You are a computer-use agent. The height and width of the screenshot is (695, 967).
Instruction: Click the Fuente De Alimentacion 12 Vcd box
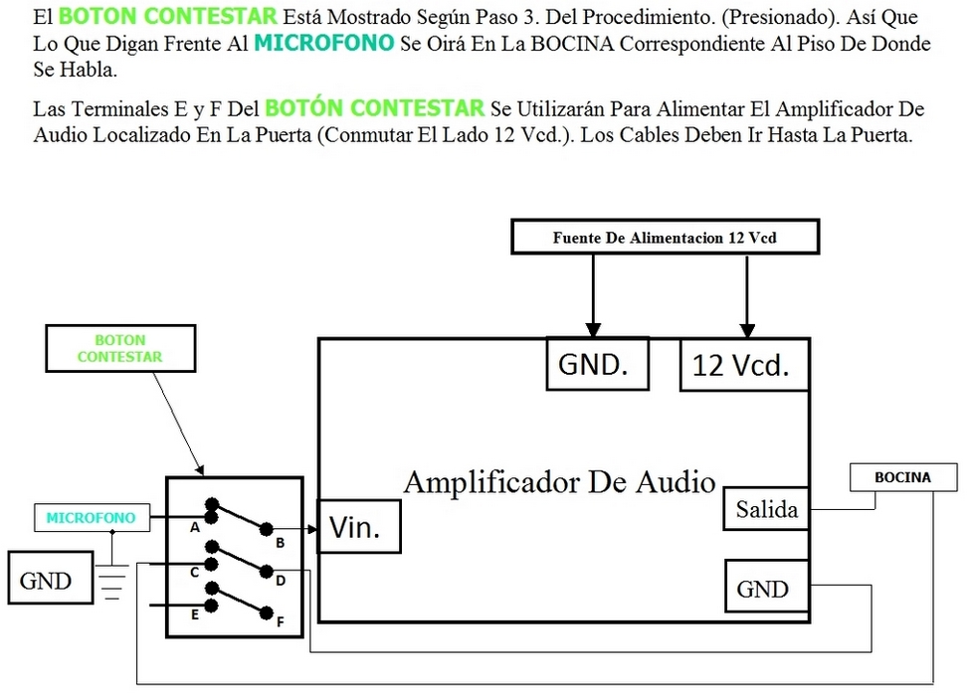pos(665,238)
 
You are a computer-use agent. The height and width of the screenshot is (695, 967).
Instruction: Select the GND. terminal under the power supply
pos(597,364)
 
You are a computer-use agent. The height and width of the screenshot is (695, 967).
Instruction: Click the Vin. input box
pos(358,526)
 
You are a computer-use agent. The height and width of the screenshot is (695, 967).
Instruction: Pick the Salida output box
pos(766,510)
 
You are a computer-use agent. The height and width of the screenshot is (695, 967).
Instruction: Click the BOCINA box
pos(902,477)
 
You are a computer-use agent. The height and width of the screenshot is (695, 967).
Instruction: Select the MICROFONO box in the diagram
pos(90,518)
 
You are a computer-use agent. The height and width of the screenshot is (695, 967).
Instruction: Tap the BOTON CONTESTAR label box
pos(119,349)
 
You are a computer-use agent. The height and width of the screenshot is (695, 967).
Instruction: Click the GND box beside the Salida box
pos(763,589)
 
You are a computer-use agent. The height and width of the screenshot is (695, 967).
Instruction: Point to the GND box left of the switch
pos(46,581)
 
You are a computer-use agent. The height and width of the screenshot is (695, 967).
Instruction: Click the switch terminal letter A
pos(194,527)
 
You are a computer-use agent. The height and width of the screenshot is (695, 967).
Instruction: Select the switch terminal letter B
pos(281,543)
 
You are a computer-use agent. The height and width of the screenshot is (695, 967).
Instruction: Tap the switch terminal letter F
pos(281,622)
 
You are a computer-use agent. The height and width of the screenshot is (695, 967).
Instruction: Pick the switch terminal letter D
pos(281,581)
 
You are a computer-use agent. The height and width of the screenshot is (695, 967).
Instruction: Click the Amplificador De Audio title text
pos(559,482)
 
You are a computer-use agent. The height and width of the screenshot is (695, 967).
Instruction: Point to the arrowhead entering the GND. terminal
pos(593,328)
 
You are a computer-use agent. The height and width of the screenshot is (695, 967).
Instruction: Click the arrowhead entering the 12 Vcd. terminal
pos(747,328)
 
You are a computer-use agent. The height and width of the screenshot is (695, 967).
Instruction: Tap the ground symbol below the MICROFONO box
pos(112,582)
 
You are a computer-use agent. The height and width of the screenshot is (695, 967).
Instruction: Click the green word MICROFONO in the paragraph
pos(323,43)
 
